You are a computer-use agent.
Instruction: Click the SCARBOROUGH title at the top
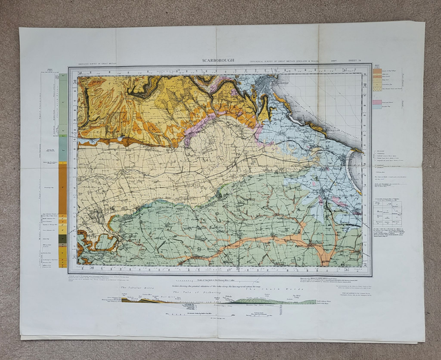pos(218,61)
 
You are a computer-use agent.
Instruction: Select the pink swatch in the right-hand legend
pos(377,102)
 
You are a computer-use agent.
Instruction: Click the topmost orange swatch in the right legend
pos(377,71)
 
